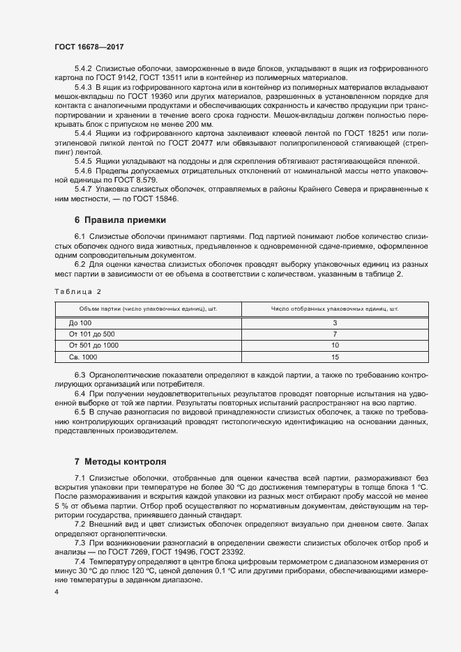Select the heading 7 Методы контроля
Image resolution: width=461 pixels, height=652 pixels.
click(120, 462)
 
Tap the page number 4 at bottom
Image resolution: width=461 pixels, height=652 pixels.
click(56, 592)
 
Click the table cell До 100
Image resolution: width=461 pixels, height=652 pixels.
click(80, 323)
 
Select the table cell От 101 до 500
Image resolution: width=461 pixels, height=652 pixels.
click(92, 334)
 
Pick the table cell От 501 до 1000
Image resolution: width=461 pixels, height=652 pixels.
click(94, 346)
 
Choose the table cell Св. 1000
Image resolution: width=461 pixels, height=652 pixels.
click(84, 357)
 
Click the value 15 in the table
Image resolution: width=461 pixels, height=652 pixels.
click(335, 357)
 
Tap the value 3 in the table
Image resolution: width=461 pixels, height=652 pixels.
click(335, 323)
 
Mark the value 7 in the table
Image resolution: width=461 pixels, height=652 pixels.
click(335, 334)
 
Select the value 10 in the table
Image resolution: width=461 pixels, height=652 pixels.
click(335, 346)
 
